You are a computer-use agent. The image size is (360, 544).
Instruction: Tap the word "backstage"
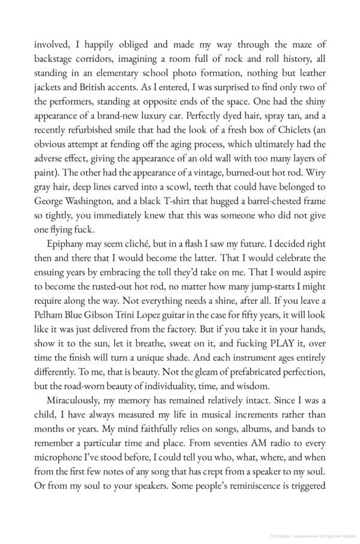pyautogui.click(x=55, y=58)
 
